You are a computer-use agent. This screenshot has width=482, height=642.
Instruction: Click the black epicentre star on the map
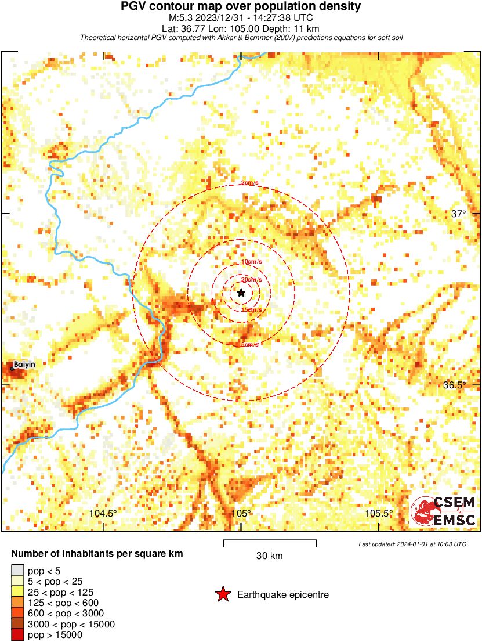tap(241, 293)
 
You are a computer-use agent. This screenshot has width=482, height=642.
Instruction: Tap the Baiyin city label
tap(24, 364)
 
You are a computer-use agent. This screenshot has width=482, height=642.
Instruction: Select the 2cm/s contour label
tap(250, 183)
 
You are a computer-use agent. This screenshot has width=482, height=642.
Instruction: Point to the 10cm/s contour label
tap(251, 262)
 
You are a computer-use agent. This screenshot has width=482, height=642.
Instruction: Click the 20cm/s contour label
tap(251, 280)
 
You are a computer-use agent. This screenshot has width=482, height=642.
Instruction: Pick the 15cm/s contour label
tap(251, 310)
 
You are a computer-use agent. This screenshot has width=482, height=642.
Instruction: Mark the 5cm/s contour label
tap(249, 345)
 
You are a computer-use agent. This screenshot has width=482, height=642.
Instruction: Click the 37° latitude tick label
tap(458, 214)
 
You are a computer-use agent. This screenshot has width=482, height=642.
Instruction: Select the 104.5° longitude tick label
tap(103, 513)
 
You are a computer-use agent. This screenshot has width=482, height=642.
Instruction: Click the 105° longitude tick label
tap(241, 513)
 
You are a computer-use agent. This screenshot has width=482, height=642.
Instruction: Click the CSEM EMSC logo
tap(444, 511)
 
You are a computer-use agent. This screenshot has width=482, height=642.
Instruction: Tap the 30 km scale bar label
tap(269, 556)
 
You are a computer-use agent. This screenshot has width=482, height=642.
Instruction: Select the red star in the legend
tap(222, 594)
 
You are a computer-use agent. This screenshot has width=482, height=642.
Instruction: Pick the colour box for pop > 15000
tap(17, 635)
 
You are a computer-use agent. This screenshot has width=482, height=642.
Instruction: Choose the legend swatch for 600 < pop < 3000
tap(17, 614)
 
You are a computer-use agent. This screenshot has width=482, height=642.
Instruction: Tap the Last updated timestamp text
tap(412, 544)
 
